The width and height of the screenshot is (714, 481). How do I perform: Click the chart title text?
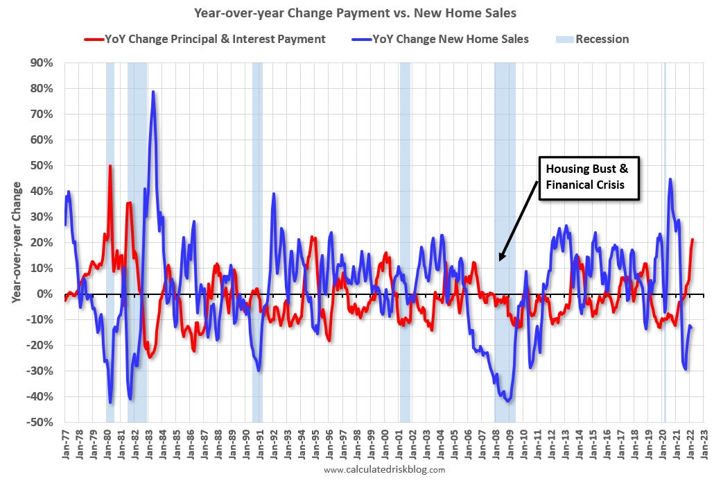pyautogui.click(x=356, y=12)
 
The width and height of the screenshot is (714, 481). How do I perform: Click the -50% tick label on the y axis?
pyautogui.click(x=40, y=422)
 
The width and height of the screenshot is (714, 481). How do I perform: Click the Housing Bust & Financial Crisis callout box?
pyautogui.click(x=589, y=178)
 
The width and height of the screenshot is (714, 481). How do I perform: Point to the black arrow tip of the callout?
pyautogui.click(x=500, y=260)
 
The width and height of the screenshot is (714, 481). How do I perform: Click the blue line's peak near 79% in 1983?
pyautogui.click(x=153, y=92)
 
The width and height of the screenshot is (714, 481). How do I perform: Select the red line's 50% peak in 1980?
pyautogui.click(x=110, y=166)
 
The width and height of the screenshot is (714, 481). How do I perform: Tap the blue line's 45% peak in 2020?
pyautogui.click(x=670, y=179)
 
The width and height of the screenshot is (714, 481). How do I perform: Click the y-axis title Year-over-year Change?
pyautogui.click(x=17, y=242)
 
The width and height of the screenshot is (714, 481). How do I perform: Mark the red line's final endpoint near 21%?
pyautogui.click(x=693, y=239)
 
